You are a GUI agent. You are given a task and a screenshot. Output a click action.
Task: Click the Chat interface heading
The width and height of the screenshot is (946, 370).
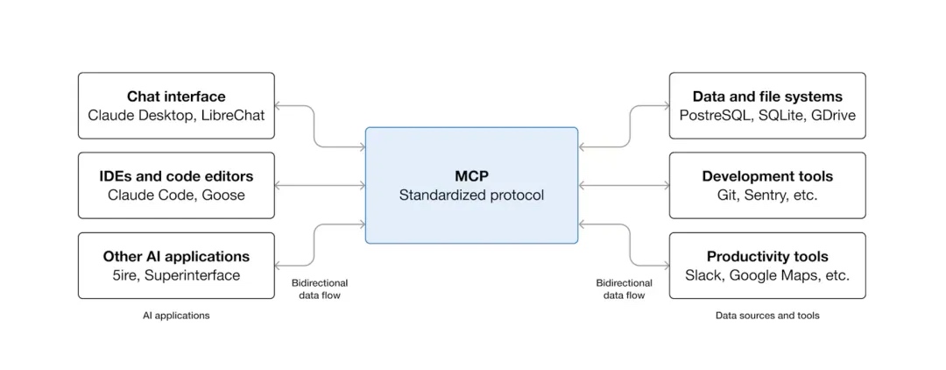coord(176,96)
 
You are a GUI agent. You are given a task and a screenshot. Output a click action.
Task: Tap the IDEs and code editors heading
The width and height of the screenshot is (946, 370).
coord(176,176)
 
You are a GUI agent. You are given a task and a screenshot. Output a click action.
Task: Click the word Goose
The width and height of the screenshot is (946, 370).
coord(224,195)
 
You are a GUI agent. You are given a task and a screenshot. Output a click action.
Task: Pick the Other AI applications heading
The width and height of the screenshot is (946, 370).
coord(176,257)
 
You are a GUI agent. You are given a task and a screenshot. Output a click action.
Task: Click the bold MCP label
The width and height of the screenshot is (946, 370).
coord(471,176)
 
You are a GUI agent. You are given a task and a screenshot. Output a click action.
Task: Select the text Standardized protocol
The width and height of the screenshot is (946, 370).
coord(471,195)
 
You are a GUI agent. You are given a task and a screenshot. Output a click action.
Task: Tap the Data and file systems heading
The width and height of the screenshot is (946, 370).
coord(767,96)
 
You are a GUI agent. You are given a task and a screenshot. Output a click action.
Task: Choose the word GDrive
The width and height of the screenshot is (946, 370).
coord(832,115)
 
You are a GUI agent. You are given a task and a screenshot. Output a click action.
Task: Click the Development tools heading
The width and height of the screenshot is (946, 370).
coord(767,176)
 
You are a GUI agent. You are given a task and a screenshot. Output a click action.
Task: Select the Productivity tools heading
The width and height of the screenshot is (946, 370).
coord(767,257)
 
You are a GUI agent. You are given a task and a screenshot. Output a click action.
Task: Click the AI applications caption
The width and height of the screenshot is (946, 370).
coord(176,316)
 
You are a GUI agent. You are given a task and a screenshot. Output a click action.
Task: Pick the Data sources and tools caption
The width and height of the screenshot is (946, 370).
coord(767,316)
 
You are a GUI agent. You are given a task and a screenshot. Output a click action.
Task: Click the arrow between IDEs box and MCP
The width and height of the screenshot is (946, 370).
coord(320,186)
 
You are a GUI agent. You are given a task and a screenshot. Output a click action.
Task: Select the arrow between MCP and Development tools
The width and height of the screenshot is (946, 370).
coord(624,186)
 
